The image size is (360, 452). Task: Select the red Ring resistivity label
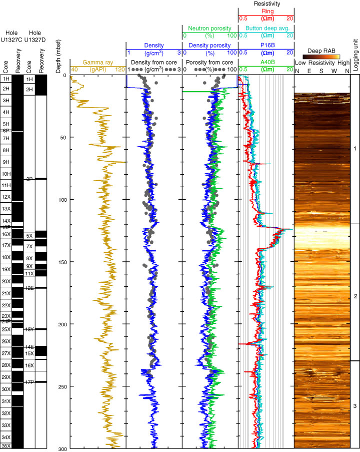(265, 11)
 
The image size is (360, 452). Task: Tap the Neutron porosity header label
(209, 28)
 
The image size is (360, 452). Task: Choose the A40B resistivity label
(265, 62)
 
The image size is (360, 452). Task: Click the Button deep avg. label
(265, 28)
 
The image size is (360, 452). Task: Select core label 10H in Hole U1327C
(6, 174)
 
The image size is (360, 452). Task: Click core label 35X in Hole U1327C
(6, 445)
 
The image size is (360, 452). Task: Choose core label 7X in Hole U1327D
(29, 246)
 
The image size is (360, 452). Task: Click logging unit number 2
(355, 297)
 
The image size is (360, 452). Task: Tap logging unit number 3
(355, 405)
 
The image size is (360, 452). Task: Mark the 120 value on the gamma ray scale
(119, 70)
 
